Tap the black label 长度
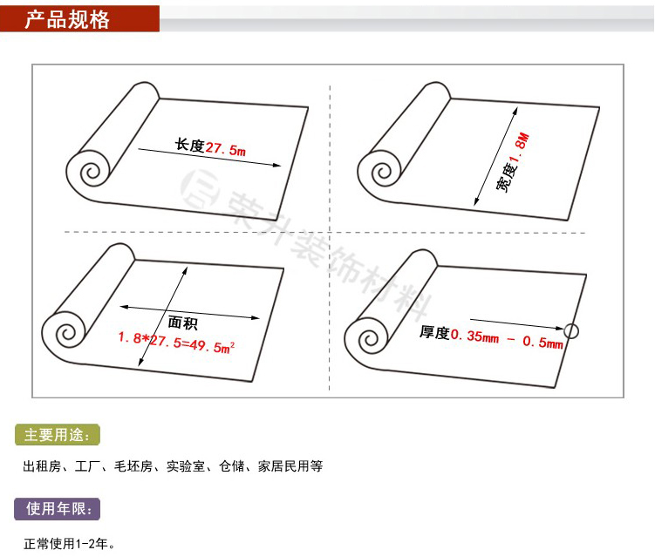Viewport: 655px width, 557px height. coord(189,146)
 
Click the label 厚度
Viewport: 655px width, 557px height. coord(434,333)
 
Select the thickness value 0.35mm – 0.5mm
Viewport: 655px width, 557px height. coord(507,337)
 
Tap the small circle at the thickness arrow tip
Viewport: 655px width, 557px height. coord(572,330)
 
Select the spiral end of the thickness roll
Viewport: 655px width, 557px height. coord(366,336)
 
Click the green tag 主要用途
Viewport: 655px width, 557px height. coord(58,434)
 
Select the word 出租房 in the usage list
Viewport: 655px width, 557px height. coord(41,467)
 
